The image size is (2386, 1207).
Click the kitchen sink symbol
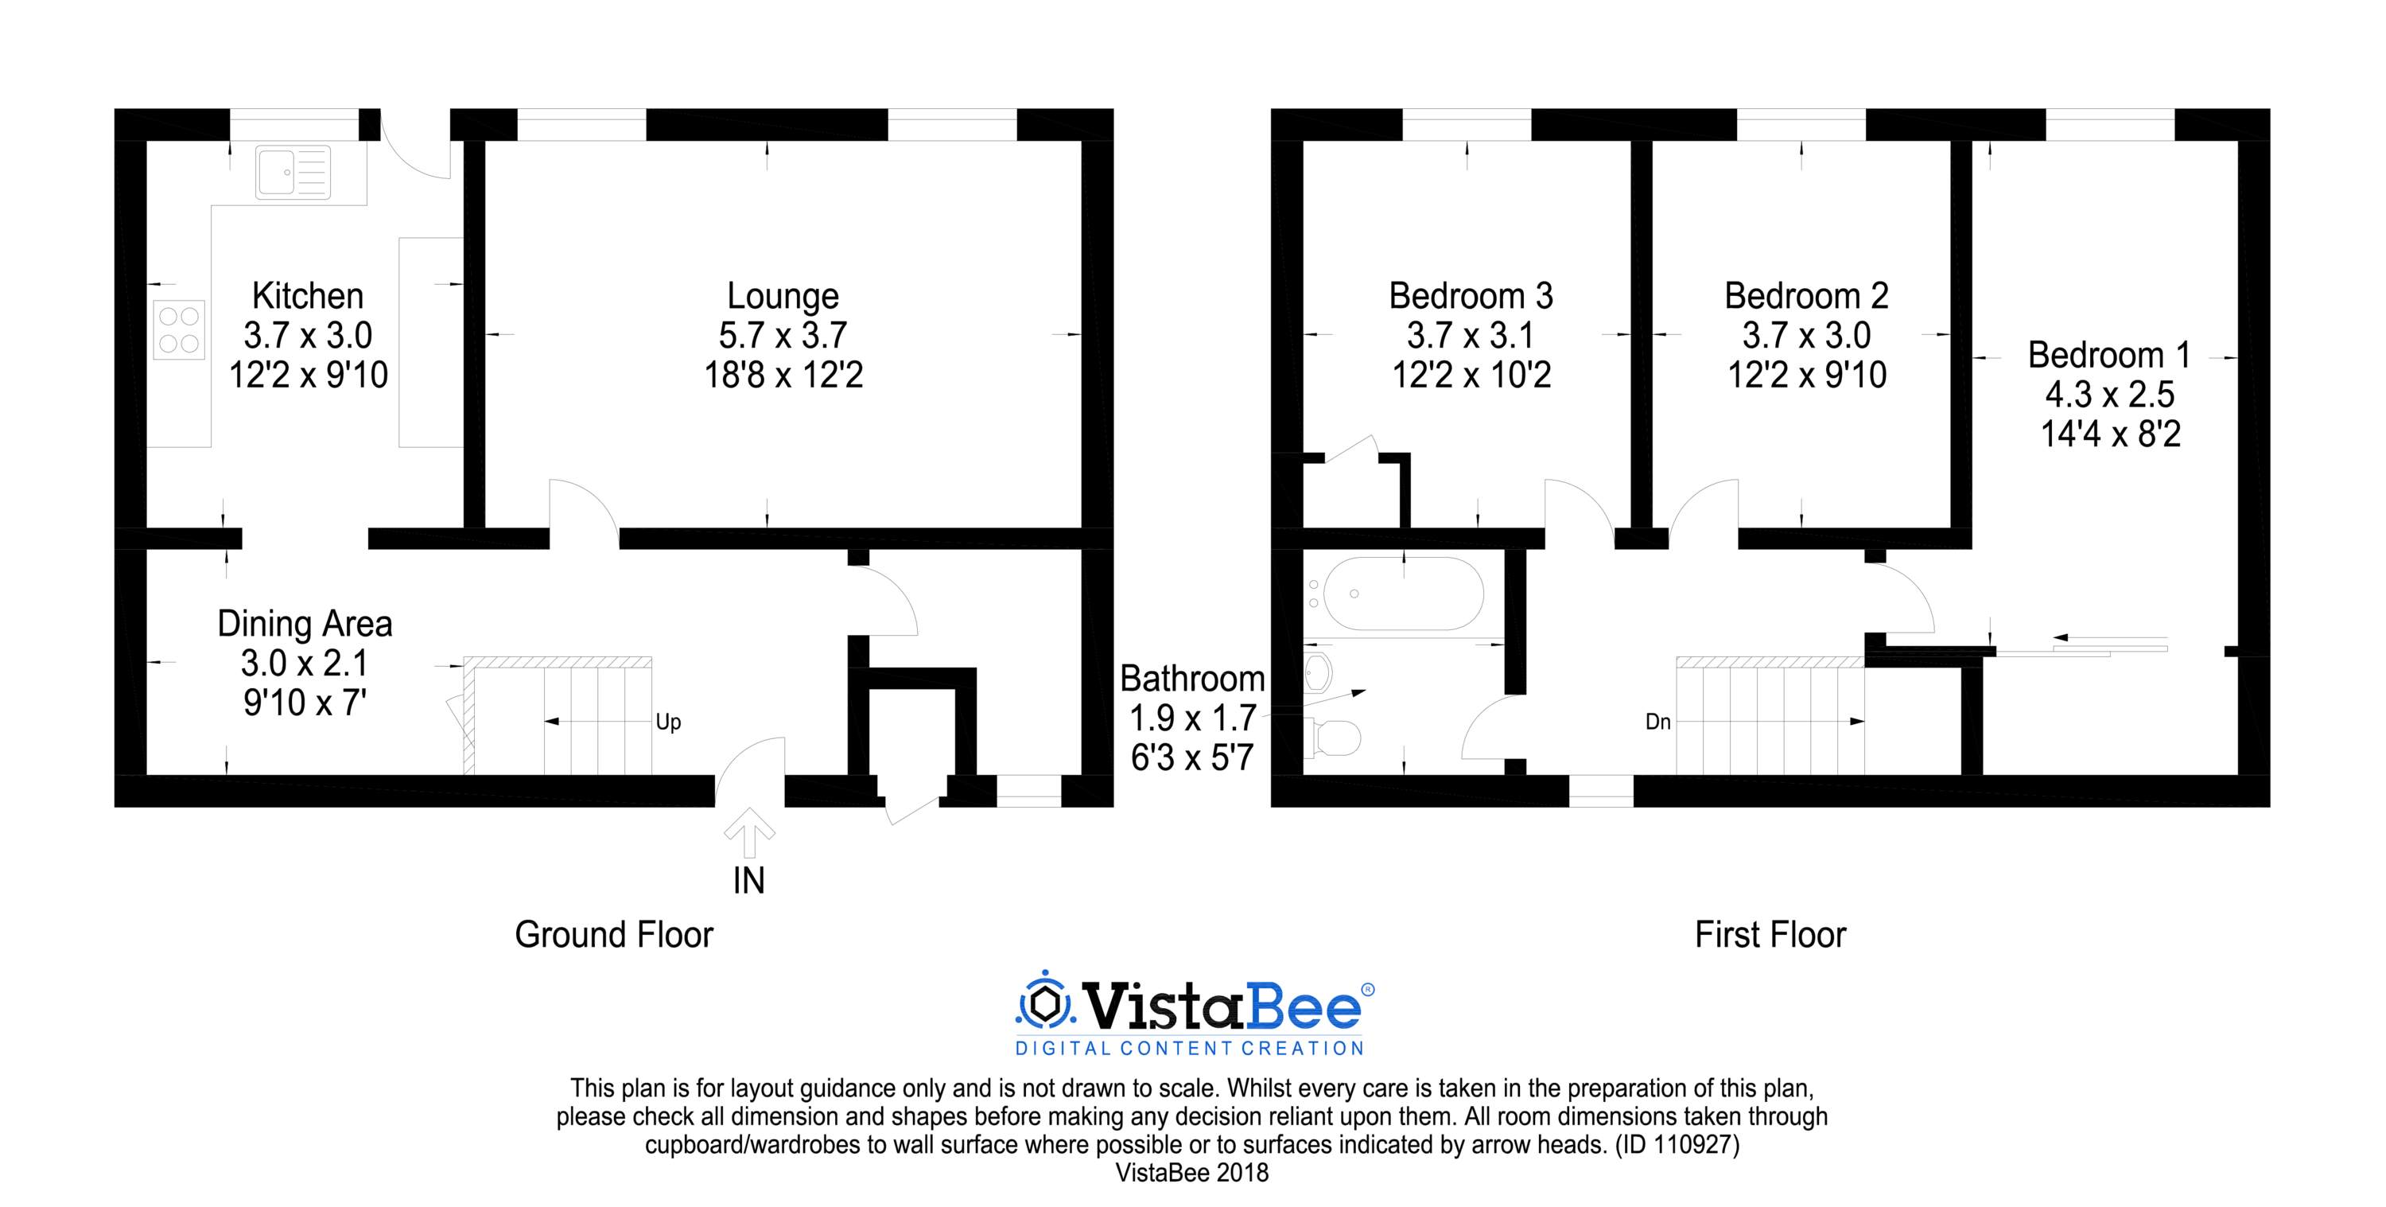pos(293,173)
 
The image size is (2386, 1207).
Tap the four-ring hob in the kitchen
pos(179,329)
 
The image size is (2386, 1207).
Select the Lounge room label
pos(783,295)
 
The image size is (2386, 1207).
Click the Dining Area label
pos(305,624)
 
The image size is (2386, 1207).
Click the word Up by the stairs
pos(668,722)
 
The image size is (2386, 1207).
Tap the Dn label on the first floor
pos(1658,722)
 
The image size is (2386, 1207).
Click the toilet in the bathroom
pos(1331,738)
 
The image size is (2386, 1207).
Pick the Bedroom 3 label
pos(1470,295)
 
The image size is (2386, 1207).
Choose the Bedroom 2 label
pos(1806,295)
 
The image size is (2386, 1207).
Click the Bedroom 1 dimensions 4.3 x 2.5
pos(2109,395)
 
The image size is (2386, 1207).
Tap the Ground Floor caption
pos(614,935)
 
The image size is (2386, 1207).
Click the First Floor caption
pos(1770,935)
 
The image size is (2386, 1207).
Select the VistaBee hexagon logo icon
pos(1046,1003)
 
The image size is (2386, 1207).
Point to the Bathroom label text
pos(1192,679)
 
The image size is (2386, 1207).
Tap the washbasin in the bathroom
pos(1317,672)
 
